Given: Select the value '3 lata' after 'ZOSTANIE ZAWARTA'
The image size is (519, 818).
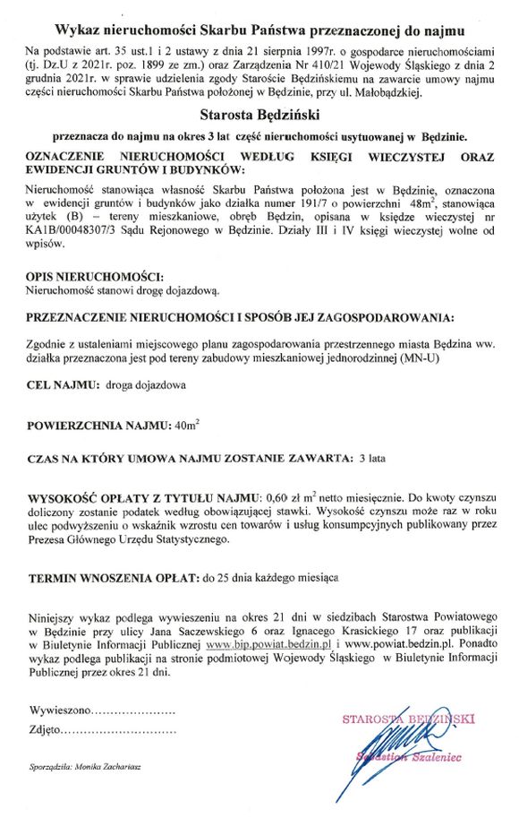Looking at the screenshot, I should tap(371, 459).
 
